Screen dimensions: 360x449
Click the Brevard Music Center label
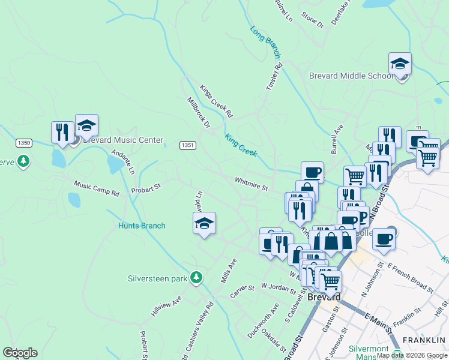click(x=122, y=140)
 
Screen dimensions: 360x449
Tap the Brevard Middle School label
click(x=351, y=76)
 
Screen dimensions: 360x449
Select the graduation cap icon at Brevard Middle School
click(x=400, y=64)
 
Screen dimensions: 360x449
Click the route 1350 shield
click(x=24, y=143)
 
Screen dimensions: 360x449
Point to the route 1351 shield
click(x=188, y=145)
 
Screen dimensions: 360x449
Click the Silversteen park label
click(x=158, y=278)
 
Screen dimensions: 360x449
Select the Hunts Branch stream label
click(x=141, y=226)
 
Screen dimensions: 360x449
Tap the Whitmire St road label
click(x=252, y=184)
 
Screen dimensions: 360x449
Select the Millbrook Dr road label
click(x=199, y=113)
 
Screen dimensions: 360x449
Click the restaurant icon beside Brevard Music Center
click(x=62, y=133)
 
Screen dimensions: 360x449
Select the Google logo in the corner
click(x=20, y=353)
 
